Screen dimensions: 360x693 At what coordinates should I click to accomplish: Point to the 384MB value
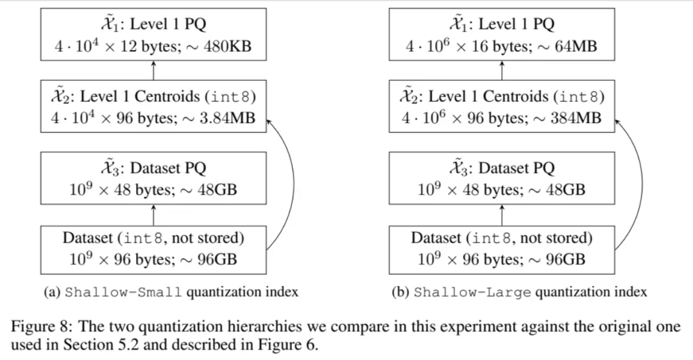click(x=576, y=119)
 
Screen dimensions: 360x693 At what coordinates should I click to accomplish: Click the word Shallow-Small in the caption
click(x=124, y=292)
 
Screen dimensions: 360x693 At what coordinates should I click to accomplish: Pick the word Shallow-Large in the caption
click(x=472, y=292)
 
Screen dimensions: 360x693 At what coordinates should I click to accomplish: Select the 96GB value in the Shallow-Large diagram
click(x=565, y=261)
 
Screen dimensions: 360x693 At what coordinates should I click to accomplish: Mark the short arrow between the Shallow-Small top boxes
click(x=153, y=72)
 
